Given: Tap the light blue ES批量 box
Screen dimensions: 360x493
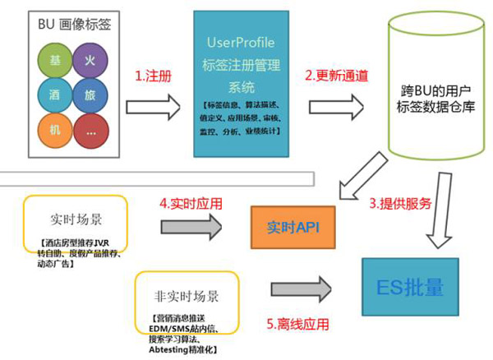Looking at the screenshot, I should coord(410,288).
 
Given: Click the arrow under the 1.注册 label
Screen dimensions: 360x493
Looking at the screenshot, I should coord(154,105).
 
